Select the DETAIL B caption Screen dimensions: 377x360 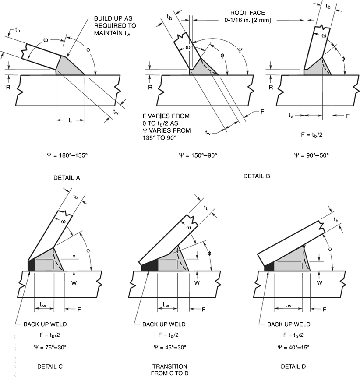click(x=256, y=176)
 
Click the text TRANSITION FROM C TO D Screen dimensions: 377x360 click(x=169, y=369)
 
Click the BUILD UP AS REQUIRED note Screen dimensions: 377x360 click(x=116, y=25)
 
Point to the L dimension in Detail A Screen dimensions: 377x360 click(x=70, y=120)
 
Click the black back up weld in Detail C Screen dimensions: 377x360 click(x=31, y=265)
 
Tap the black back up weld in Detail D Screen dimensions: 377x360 click(x=269, y=266)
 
